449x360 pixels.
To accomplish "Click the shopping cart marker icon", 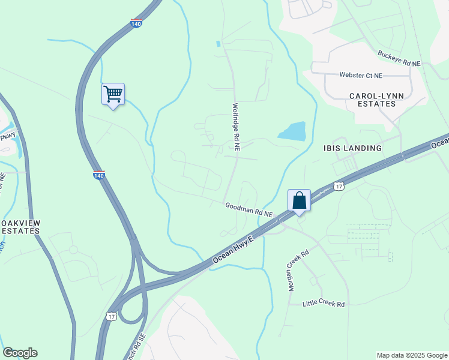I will coord(113,94).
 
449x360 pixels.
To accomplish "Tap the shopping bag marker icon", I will coord(299,200).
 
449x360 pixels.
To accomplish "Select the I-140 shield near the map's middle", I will coord(99,175).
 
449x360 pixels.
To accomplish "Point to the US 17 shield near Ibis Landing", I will coord(339,187).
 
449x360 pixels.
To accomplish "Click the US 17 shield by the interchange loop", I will coord(111,316).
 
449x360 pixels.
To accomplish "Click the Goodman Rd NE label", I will coord(249,209).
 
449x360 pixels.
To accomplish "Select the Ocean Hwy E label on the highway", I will coord(234,251).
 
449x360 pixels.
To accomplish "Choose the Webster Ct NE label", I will coord(361,76).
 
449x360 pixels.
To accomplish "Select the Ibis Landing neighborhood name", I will coord(352,148).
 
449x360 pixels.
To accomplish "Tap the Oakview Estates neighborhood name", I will coord(20,227).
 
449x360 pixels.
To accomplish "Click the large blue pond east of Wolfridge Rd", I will coord(292,131).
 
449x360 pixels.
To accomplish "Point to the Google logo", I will coord(20,353).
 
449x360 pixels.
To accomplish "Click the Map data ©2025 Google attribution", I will coord(411,355).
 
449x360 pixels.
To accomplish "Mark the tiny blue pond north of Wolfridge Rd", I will coord(218,44).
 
